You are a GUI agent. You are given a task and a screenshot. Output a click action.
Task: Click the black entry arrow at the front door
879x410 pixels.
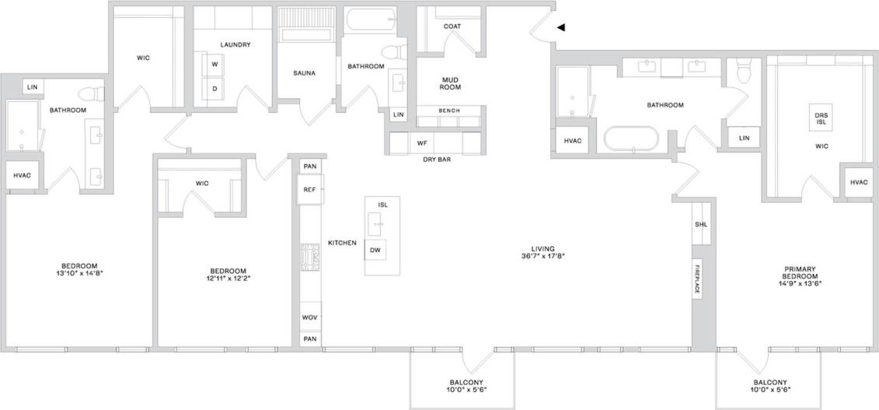[x=561, y=27]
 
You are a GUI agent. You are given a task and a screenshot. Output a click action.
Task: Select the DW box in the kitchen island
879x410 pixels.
[x=375, y=250]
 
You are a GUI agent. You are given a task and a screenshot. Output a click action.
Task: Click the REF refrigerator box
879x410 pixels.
[x=309, y=189]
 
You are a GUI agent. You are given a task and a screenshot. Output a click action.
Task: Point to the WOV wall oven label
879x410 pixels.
[x=309, y=317]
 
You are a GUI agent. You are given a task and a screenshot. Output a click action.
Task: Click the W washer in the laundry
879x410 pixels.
[x=214, y=65]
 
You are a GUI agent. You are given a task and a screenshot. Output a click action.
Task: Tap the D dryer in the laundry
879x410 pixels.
[x=214, y=88]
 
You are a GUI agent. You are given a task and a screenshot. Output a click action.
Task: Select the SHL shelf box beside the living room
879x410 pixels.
[x=700, y=225]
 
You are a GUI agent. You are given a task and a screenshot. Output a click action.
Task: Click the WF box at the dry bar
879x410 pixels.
[x=422, y=143]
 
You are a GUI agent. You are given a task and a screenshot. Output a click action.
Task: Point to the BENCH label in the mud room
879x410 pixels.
[x=448, y=110]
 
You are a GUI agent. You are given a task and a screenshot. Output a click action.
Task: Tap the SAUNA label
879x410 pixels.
[x=304, y=73]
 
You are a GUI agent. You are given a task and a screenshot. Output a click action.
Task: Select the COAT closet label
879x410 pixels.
[x=452, y=26]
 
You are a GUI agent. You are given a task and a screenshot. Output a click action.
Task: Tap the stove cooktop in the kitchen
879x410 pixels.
[x=309, y=255]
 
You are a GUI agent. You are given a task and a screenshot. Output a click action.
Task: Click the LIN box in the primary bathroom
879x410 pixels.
[x=744, y=138]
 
